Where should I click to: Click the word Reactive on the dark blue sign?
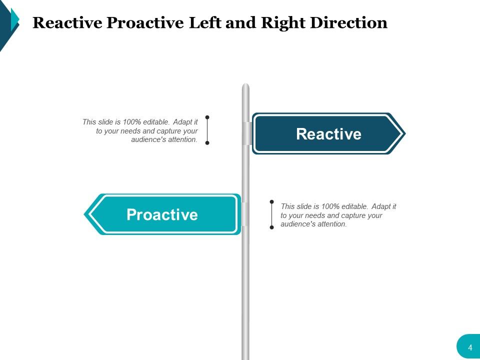(328, 134)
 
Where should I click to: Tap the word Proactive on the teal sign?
(162, 214)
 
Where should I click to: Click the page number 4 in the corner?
(470, 347)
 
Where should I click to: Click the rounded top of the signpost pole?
(245, 86)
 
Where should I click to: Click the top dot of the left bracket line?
(207, 117)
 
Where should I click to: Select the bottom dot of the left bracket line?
(207, 142)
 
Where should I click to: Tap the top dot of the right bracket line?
(272, 202)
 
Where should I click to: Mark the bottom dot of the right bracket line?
(272, 227)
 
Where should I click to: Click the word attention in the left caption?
(182, 140)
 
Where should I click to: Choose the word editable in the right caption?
(354, 206)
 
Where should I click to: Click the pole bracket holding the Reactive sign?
(246, 133)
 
